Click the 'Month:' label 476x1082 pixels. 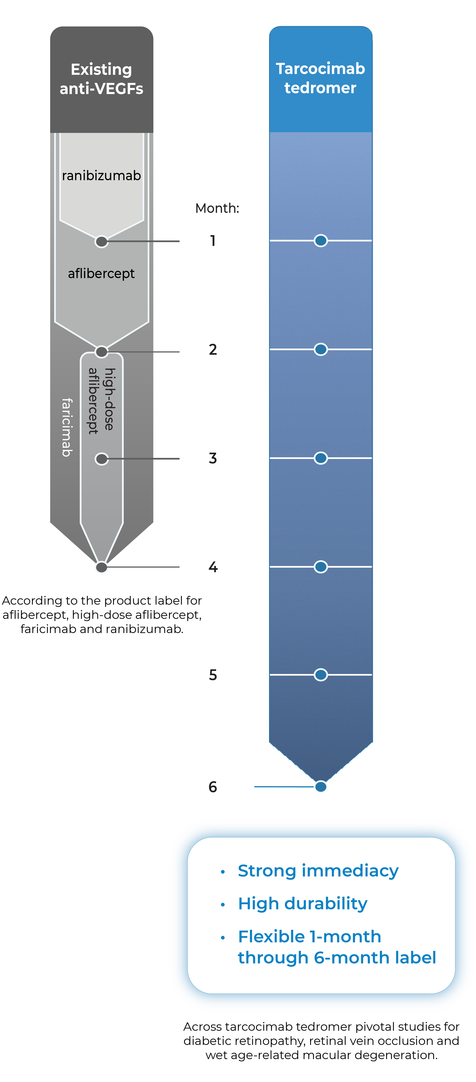tap(217, 208)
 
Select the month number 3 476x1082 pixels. tap(213, 458)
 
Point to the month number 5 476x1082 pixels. tap(213, 675)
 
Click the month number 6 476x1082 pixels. tap(213, 787)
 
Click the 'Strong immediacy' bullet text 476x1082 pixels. tap(318, 871)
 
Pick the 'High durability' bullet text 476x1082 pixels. tap(302, 903)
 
